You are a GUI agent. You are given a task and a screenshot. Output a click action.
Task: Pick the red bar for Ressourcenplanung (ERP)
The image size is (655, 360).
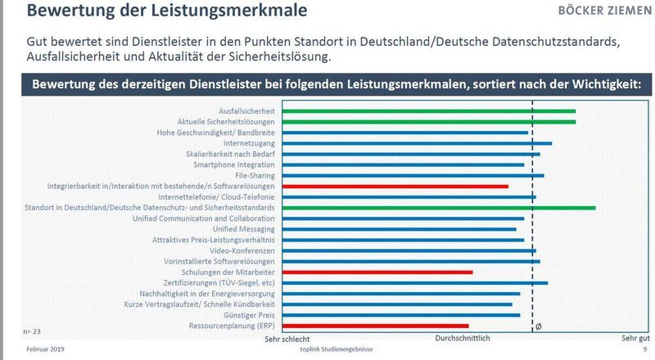coord(373,325)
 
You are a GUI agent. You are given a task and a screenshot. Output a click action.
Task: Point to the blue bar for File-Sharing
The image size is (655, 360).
coord(410,175)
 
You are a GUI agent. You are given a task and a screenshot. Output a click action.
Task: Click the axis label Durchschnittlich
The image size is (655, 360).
coord(461,338)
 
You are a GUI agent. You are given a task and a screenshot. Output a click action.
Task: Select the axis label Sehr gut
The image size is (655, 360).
coord(635,338)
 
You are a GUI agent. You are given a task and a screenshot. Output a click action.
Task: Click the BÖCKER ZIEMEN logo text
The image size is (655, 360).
coord(603,13)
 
